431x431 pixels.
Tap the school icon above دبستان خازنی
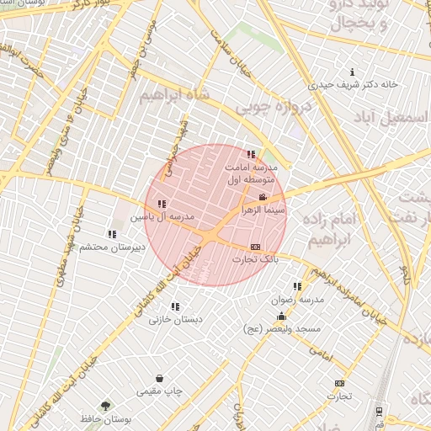(175, 307)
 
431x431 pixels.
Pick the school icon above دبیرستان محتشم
(112, 234)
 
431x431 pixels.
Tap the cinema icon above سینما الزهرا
(263, 197)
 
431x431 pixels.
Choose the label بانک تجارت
(256, 260)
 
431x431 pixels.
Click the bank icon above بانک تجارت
(256, 247)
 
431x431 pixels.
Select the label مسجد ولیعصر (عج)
(280, 329)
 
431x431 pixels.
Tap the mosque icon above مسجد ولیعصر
(280, 317)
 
